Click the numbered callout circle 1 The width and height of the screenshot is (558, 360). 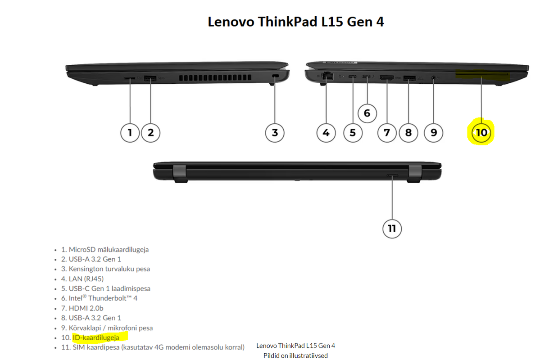click(130, 133)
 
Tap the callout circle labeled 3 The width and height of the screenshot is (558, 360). click(275, 133)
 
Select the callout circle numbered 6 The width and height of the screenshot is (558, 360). click(367, 113)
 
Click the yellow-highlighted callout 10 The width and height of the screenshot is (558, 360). click(481, 132)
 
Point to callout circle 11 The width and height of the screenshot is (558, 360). click(392, 229)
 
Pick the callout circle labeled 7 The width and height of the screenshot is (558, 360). click(387, 133)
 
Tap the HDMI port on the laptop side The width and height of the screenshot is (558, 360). click(386, 78)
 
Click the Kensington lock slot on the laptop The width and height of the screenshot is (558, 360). click(275, 76)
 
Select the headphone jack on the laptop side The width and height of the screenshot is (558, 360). click(433, 78)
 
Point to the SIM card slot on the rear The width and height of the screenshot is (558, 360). click(392, 175)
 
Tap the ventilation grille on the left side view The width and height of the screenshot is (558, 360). click(215, 78)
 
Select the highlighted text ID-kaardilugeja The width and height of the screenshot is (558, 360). click(96, 337)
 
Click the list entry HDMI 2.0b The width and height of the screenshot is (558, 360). click(82, 308)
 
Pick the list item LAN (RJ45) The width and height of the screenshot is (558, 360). click(82, 279)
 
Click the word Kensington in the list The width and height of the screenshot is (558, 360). click(86, 269)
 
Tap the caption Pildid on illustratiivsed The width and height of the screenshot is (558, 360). click(295, 356)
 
